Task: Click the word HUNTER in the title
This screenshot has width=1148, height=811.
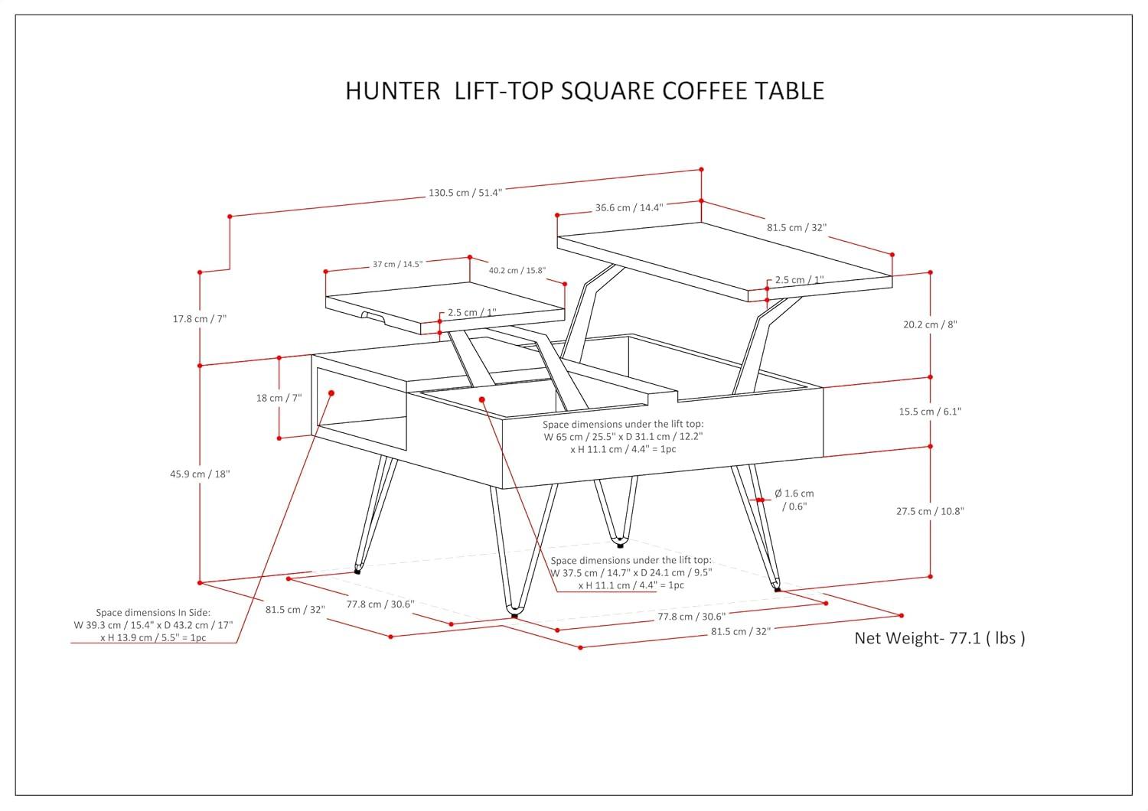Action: [x=393, y=90]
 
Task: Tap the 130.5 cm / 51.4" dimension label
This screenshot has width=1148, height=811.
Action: [x=465, y=193]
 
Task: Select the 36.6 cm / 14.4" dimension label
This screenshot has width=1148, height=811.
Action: [x=629, y=207]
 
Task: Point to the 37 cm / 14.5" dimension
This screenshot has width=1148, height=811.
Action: [x=397, y=264]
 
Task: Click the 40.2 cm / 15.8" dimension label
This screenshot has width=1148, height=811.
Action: [x=517, y=270]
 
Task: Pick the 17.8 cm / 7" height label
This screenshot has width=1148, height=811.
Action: [x=200, y=318]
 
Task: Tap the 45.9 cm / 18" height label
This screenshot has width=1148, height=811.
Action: [x=200, y=474]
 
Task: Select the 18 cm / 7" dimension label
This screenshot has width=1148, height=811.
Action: [x=279, y=398]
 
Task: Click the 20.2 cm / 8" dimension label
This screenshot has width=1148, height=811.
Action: [x=930, y=324]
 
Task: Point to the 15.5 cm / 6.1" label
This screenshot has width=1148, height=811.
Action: [x=930, y=412]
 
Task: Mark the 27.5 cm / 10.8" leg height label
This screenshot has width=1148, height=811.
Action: [x=930, y=511]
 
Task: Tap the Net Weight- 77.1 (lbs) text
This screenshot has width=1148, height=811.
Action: [x=939, y=638]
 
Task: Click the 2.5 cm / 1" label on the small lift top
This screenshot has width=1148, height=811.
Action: [x=472, y=312]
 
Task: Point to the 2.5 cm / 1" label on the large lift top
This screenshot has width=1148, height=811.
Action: [x=799, y=280]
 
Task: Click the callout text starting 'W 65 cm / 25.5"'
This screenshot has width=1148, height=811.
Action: [x=623, y=436]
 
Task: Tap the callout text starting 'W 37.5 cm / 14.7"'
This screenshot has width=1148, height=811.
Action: [x=631, y=572]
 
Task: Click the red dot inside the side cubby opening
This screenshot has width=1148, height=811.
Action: [x=331, y=393]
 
